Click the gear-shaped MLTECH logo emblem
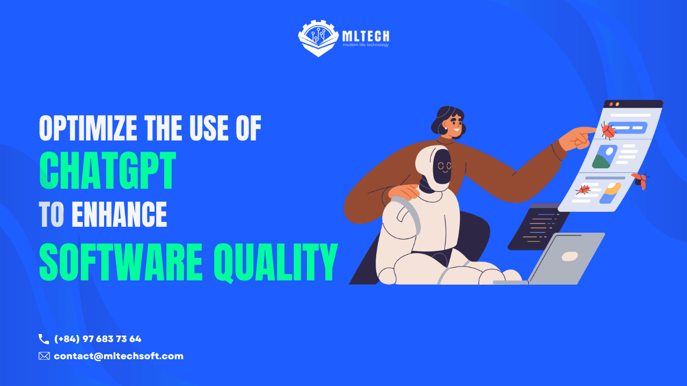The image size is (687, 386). (318, 38)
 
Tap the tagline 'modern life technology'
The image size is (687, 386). (366, 44)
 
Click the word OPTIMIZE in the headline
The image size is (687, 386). (88, 128)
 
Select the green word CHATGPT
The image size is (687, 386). (108, 170)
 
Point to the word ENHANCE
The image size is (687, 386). (119, 214)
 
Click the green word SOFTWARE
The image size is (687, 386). (121, 262)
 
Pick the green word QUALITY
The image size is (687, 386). (276, 263)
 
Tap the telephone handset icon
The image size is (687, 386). (43, 339)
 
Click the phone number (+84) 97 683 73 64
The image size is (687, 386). (98, 339)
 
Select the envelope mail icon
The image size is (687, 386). (44, 356)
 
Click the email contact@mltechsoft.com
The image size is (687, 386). (119, 356)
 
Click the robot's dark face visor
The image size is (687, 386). (442, 166)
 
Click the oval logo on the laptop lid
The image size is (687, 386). (569, 256)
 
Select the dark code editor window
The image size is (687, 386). (538, 227)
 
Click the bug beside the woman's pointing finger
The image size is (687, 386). (608, 131)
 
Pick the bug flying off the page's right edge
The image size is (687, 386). (641, 180)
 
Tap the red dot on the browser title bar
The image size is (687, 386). (611, 105)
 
